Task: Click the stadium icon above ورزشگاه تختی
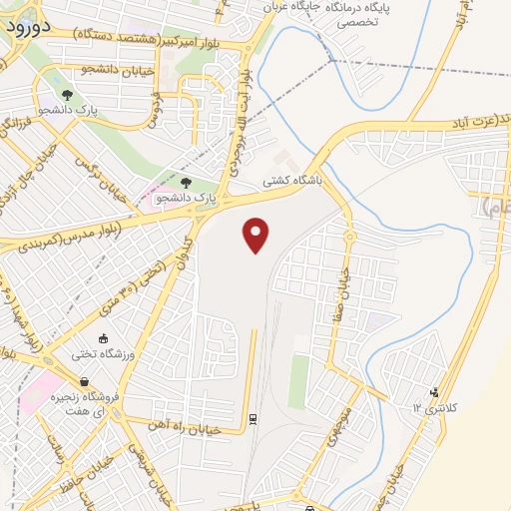pos(103,339)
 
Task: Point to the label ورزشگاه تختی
pos(102,354)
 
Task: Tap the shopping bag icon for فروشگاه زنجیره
pos(85,381)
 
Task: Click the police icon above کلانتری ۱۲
pos(433,392)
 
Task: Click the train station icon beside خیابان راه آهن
pos(254,417)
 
